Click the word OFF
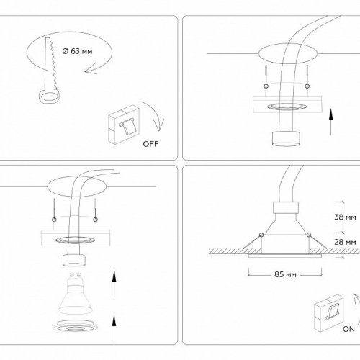click(x=150, y=143)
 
